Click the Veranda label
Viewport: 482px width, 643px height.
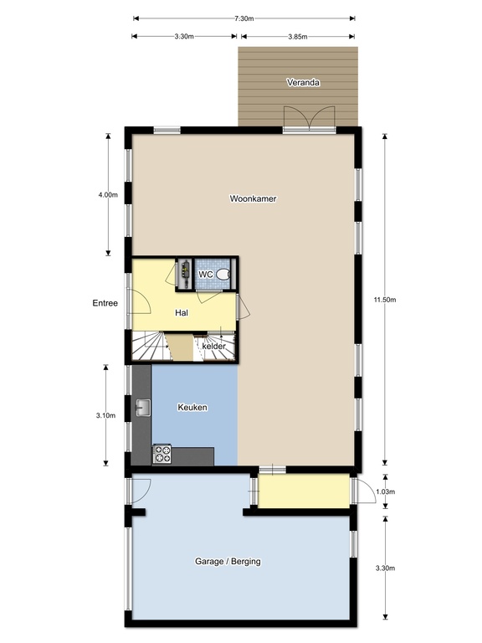pos(303,82)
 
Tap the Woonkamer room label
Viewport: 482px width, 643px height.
pos(253,198)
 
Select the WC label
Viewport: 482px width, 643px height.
pos(205,274)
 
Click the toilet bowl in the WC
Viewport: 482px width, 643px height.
pos(223,274)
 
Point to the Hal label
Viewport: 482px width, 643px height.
pos(182,313)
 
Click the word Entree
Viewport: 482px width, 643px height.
pos(105,303)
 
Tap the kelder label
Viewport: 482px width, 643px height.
pos(214,346)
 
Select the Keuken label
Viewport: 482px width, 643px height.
pos(192,407)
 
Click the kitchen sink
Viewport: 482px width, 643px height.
pos(143,408)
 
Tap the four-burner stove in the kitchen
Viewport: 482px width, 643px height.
pos(162,454)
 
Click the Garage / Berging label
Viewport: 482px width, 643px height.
pos(228,562)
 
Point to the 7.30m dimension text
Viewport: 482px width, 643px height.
pos(244,18)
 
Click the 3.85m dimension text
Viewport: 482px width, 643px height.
pos(298,37)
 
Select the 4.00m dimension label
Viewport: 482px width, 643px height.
pos(108,195)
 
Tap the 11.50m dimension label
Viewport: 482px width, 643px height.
pos(385,300)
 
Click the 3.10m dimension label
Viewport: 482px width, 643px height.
pos(105,415)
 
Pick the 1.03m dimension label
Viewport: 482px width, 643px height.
pos(385,491)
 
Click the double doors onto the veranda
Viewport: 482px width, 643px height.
pos(310,119)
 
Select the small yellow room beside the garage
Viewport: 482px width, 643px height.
pos(304,491)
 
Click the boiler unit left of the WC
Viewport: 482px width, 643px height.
pos(184,272)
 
